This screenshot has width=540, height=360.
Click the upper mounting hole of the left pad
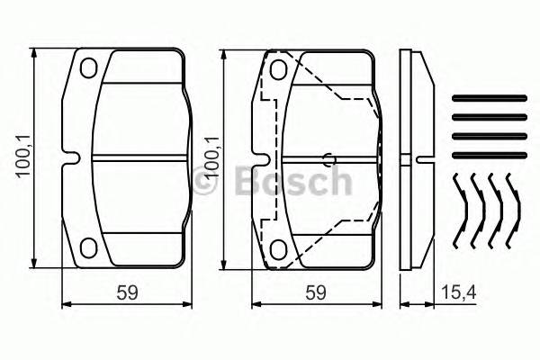coord(87,69)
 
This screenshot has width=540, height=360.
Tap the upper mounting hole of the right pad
coord(279,69)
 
